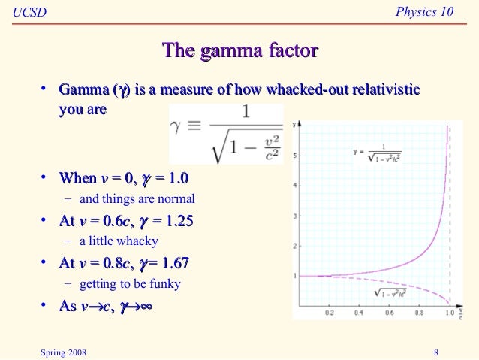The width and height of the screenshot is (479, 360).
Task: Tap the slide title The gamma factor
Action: click(x=239, y=51)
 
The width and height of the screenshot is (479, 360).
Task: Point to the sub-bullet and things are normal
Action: click(x=137, y=199)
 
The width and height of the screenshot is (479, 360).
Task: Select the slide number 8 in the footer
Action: click(x=436, y=351)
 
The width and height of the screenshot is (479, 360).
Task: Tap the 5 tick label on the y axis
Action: click(x=297, y=156)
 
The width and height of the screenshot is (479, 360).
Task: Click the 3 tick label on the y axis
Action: click(x=297, y=216)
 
